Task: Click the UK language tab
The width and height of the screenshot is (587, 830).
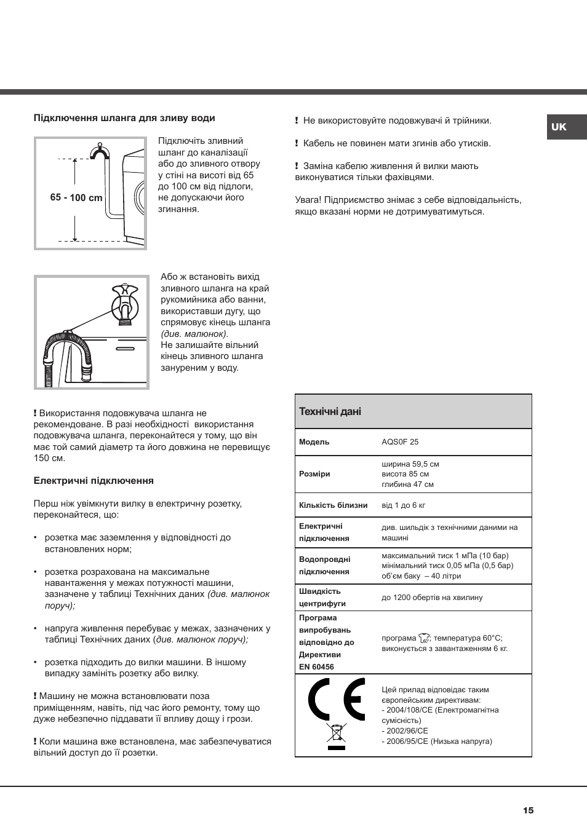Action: tap(559, 127)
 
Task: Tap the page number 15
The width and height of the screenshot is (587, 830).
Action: tap(528, 810)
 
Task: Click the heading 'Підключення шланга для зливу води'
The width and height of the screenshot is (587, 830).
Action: tap(124, 118)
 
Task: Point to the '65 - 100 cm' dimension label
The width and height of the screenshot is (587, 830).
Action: tap(76, 197)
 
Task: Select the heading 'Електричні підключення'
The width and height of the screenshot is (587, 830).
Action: tap(94, 481)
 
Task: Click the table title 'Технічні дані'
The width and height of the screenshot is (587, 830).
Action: tap(330, 411)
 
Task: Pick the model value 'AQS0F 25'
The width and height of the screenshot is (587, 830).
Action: tap(400, 442)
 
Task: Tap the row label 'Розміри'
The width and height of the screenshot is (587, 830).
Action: tap(314, 474)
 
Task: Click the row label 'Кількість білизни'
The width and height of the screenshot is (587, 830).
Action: tap(333, 505)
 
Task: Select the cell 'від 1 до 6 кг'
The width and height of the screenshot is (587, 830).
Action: tap(404, 505)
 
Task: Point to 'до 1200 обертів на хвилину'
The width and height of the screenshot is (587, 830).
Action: tap(432, 598)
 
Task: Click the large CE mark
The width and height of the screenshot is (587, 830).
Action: tap(337, 699)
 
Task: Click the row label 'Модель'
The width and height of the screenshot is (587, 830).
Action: tap(314, 442)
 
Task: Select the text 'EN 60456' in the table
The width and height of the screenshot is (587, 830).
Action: tap(316, 667)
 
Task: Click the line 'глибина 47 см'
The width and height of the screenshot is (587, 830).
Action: tap(407, 484)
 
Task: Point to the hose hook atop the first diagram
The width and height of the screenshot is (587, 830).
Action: tap(99, 151)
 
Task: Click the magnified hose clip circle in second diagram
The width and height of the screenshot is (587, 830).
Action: tap(125, 306)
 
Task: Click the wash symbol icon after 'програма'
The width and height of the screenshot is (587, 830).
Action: tap(424, 639)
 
